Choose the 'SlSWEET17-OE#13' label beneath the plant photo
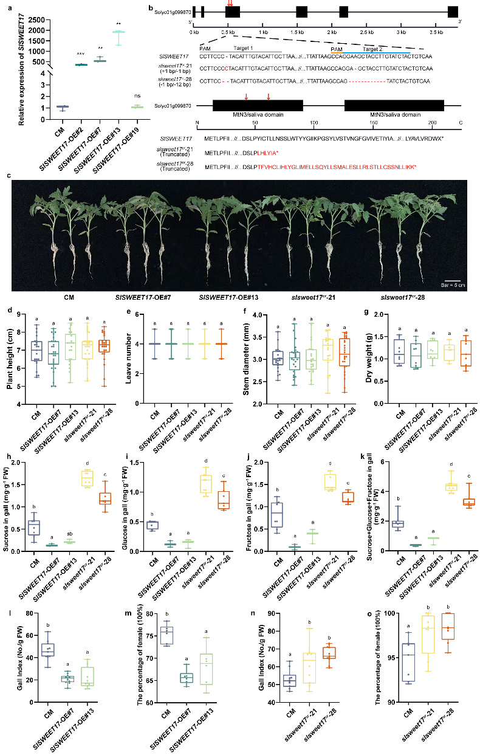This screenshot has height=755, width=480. [224, 298]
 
